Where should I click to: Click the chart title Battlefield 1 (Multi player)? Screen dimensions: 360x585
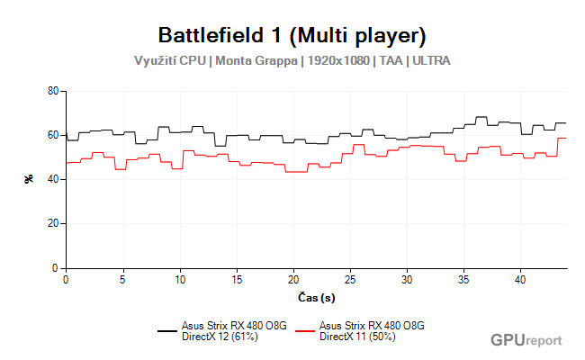(292, 36)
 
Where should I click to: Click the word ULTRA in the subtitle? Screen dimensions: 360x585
(431, 61)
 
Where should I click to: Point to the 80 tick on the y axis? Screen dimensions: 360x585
(52, 92)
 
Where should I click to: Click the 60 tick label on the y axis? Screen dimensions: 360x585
(52, 136)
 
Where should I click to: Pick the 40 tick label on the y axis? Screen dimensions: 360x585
(52, 180)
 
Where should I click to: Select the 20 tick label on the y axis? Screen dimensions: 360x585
(52, 224)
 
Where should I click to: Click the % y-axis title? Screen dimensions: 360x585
(29, 179)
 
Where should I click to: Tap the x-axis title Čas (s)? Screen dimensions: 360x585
(316, 297)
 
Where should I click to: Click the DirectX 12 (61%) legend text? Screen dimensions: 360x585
(220, 337)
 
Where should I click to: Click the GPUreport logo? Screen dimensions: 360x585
(526, 340)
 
